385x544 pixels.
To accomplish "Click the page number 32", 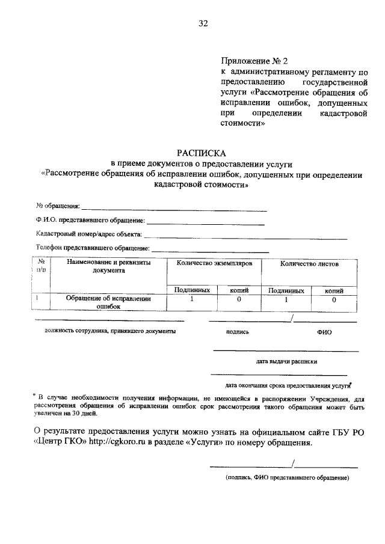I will pyautogui.click(x=203, y=23).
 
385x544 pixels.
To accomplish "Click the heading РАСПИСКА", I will pyautogui.click(x=202, y=154).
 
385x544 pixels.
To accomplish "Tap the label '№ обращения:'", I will pyautogui.click(x=58, y=207).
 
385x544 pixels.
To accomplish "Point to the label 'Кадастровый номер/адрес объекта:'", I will pyautogui.click(x=89, y=234).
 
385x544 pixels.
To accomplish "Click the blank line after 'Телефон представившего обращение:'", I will pyautogui.click(x=210, y=249).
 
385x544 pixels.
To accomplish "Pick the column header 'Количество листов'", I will pyautogui.click(x=309, y=264).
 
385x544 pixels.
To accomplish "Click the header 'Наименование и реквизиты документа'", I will pyautogui.click(x=109, y=267).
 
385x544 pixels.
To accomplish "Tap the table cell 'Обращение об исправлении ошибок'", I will pyautogui.click(x=109, y=302).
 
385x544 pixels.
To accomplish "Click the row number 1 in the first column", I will pyautogui.click(x=38, y=298).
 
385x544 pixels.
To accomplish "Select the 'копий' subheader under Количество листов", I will pyautogui.click(x=334, y=290).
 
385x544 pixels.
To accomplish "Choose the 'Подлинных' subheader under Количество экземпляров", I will pyautogui.click(x=191, y=290).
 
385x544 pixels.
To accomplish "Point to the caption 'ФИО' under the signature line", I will pyautogui.click(x=324, y=332).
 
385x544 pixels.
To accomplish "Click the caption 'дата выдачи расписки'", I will pyautogui.click(x=286, y=361).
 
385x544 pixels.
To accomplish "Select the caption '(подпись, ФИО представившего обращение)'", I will pyautogui.click(x=287, y=477).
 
